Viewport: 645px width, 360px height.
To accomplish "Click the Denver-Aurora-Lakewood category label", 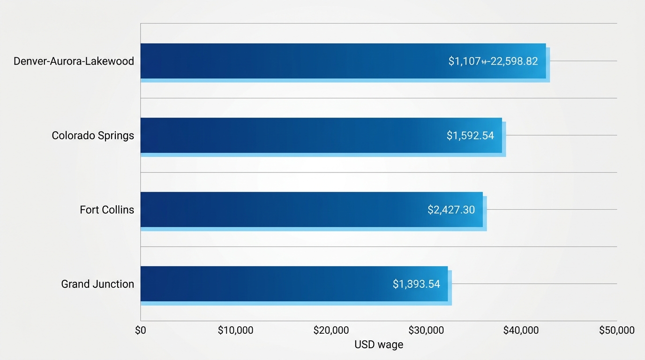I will click(x=74, y=61).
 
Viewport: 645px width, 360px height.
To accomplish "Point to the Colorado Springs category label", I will click(x=93, y=135).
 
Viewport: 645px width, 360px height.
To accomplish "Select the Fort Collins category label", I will click(x=107, y=210).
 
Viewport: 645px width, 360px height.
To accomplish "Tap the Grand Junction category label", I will click(x=97, y=284).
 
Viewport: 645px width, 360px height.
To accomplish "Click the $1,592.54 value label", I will click(x=470, y=135).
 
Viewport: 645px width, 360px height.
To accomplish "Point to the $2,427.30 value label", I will click(x=451, y=210).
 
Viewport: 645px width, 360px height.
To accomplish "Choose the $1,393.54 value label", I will click(x=416, y=284).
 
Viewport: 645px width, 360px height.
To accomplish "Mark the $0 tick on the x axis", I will click(x=141, y=330).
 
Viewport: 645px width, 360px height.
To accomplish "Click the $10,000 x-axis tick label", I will click(x=236, y=330).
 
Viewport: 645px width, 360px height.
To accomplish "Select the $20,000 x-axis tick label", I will click(x=331, y=330).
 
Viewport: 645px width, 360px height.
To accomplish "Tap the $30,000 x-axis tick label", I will click(x=426, y=330).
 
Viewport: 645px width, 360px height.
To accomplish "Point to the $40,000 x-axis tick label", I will click(x=521, y=330).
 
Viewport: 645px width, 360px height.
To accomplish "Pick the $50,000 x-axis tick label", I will click(x=616, y=330).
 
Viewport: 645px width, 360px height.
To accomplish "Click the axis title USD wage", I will click(x=379, y=345).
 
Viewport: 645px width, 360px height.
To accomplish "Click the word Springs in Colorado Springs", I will click(x=116, y=135).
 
